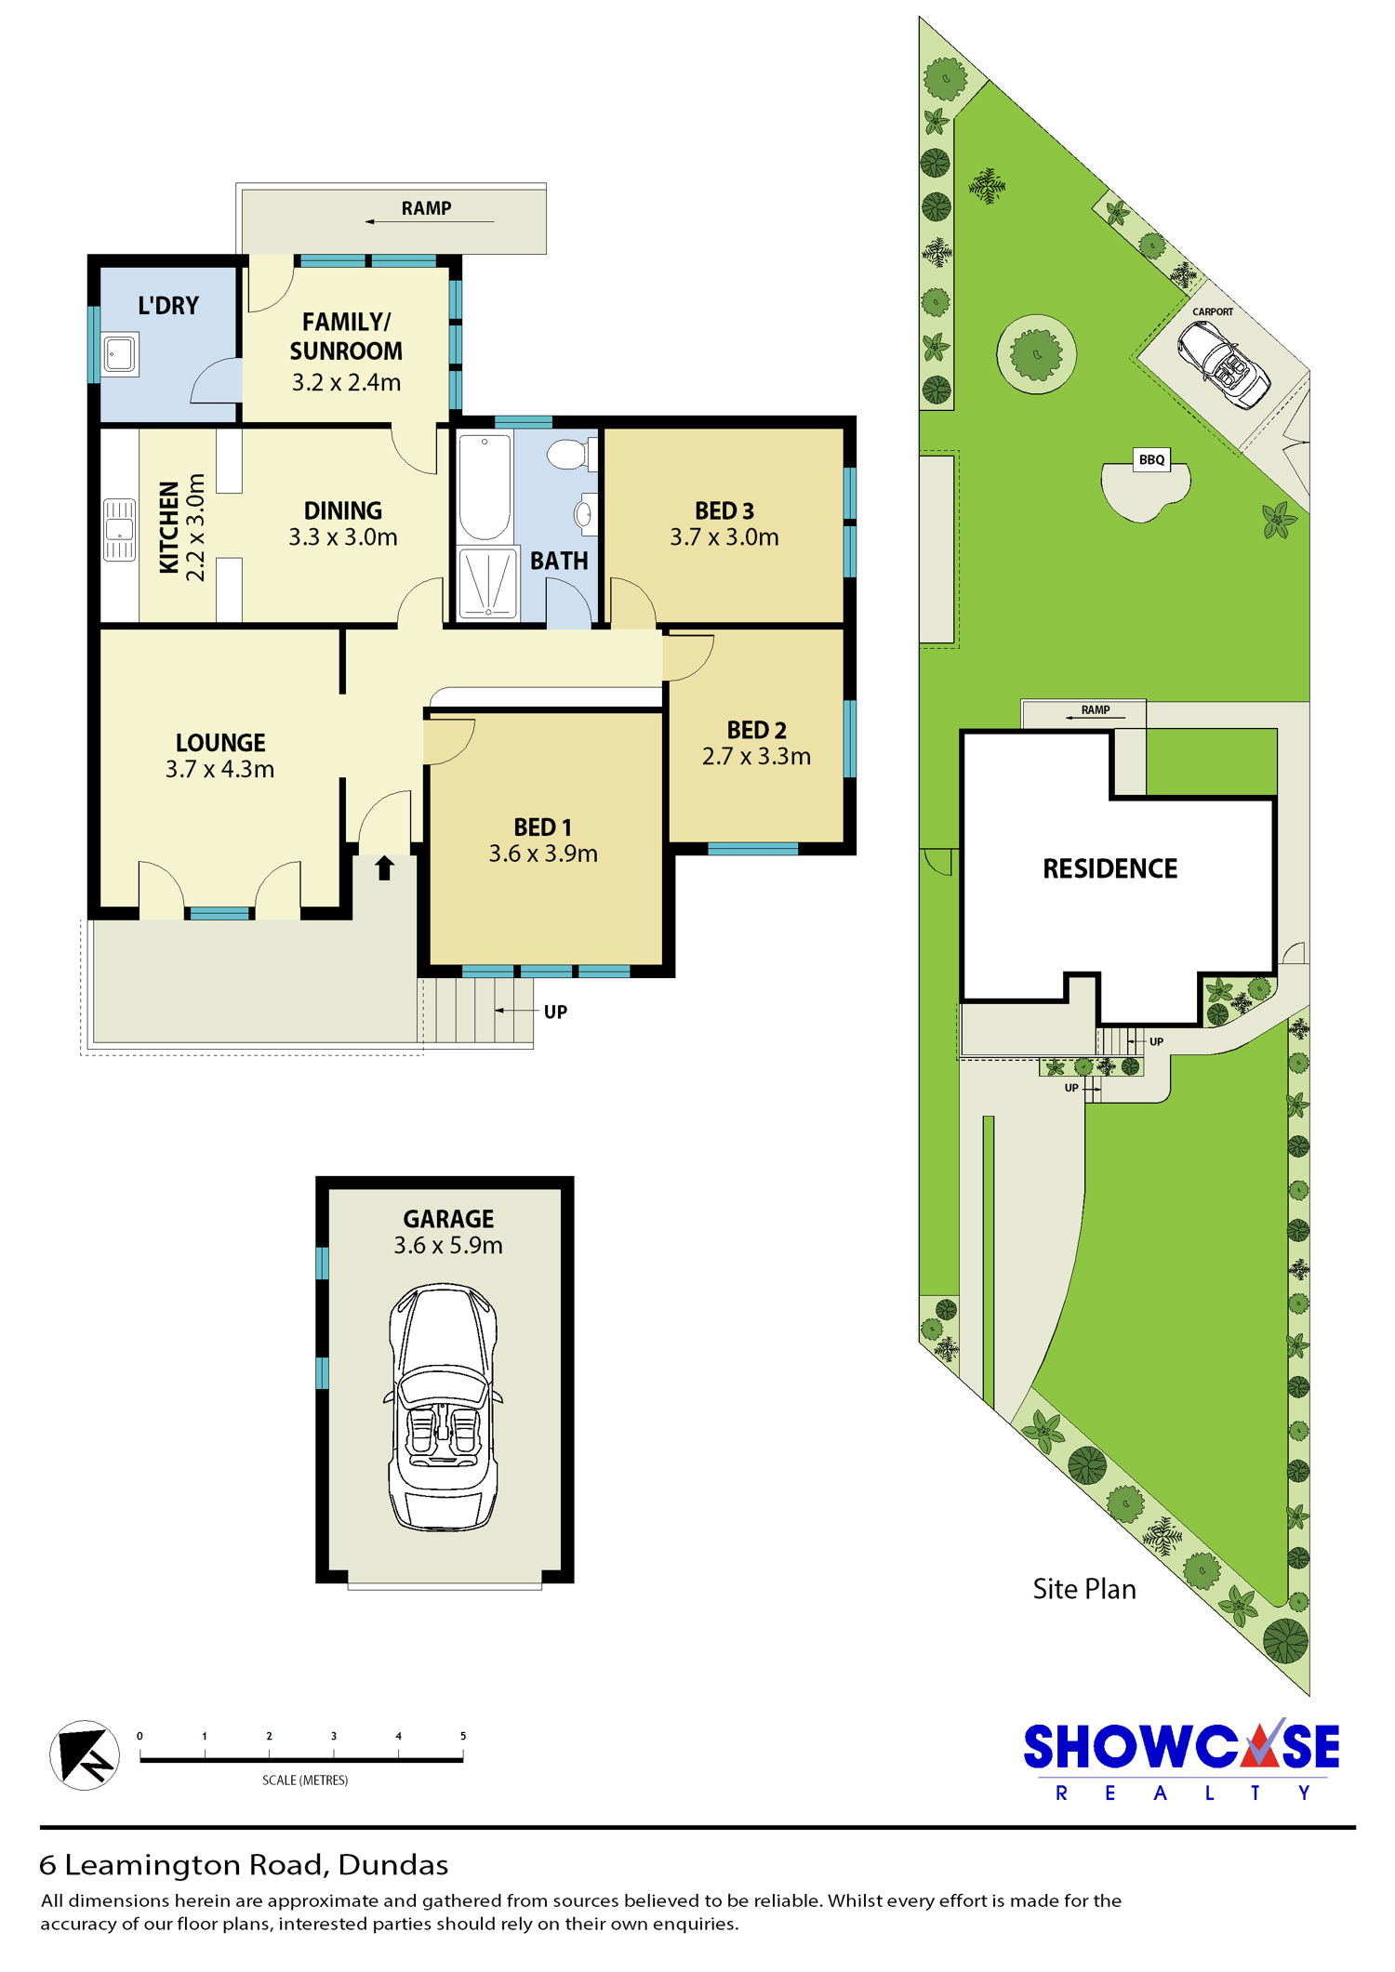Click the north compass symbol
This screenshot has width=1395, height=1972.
click(x=84, y=1755)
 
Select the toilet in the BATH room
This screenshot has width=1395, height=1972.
click(x=571, y=456)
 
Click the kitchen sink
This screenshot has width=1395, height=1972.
click(x=119, y=530)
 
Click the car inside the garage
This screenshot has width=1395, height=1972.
click(x=443, y=1407)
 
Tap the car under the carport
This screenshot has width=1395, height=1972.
click(x=1224, y=364)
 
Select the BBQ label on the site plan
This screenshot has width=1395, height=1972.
click(x=1152, y=459)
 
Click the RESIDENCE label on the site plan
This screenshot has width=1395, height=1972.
click(x=1109, y=868)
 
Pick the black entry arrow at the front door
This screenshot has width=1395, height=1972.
click(x=385, y=868)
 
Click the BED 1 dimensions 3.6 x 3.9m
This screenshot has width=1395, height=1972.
click(x=543, y=854)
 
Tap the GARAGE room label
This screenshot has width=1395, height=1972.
click(x=448, y=1219)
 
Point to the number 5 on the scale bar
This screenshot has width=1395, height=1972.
click(x=463, y=1736)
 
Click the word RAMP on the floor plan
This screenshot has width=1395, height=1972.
click(x=427, y=208)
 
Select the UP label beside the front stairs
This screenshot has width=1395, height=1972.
click(x=555, y=1012)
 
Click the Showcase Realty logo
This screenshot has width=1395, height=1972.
click(x=1181, y=1760)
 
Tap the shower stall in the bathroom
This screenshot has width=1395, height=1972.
click(x=487, y=584)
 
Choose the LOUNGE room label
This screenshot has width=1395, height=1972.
click(x=220, y=743)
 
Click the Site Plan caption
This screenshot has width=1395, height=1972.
click(x=1084, y=1589)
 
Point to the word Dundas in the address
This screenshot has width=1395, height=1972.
click(x=393, y=1865)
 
